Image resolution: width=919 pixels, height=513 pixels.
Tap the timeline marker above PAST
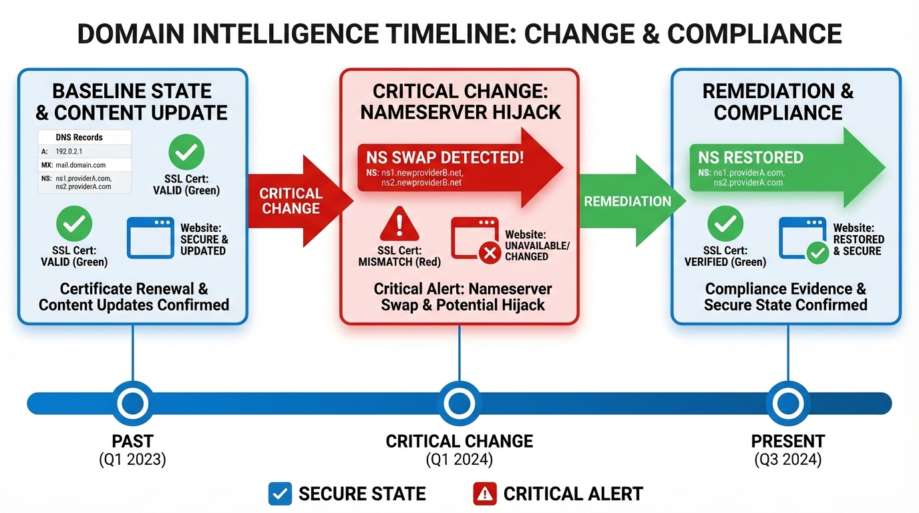(x=132, y=403)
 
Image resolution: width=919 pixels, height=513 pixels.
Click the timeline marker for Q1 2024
(x=459, y=403)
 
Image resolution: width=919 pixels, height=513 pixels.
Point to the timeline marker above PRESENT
(x=788, y=403)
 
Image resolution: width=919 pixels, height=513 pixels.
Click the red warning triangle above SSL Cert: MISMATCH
(x=399, y=224)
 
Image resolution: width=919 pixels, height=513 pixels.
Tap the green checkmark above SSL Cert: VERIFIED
(x=725, y=224)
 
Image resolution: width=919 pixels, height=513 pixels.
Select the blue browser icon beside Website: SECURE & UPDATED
(x=151, y=237)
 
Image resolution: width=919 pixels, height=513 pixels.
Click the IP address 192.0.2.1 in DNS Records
(x=69, y=152)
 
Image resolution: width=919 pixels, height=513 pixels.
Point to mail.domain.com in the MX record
(x=80, y=165)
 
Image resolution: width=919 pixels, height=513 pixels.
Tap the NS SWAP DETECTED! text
(x=445, y=158)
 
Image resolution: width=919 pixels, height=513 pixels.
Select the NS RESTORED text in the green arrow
(x=751, y=158)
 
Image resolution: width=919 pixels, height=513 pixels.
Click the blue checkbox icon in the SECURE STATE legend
(x=280, y=494)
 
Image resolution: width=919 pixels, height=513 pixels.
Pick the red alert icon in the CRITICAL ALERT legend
(x=484, y=494)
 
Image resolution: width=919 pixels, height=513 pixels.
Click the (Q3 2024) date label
(x=788, y=460)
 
